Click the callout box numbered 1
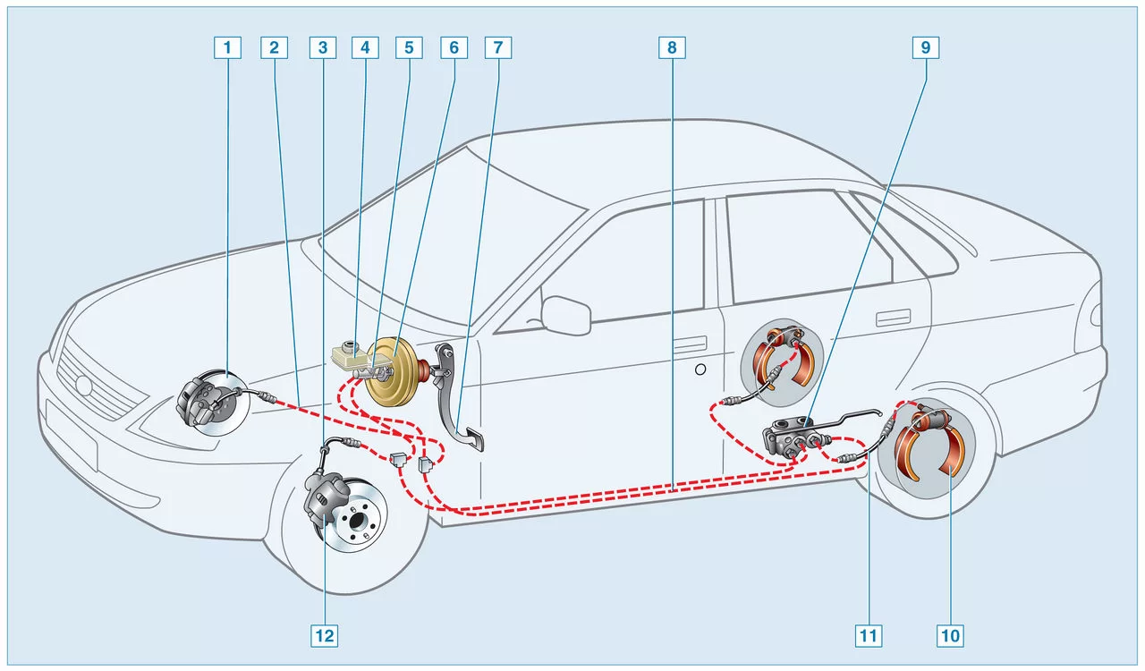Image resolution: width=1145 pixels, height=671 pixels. [x=227, y=47]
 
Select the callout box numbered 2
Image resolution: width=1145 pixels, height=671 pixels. [x=274, y=47]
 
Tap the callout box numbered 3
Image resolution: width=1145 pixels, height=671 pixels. [x=323, y=47]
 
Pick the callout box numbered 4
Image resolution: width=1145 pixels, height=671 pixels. [x=365, y=47]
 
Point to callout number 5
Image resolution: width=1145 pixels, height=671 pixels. [x=409, y=47]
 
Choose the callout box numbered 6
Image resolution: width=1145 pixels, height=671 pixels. [x=454, y=47]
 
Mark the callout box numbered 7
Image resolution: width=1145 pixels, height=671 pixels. [x=498, y=47]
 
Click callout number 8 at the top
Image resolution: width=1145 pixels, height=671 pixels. [x=672, y=47]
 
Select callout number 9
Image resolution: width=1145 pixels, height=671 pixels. [x=926, y=47]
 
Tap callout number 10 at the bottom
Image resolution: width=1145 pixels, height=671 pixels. [x=950, y=636]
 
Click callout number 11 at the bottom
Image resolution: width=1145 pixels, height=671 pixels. [x=869, y=636]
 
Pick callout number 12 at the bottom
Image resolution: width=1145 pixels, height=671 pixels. [x=324, y=636]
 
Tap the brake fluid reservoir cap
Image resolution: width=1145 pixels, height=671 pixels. [x=351, y=344]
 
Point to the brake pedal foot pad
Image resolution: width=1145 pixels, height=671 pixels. [x=471, y=441]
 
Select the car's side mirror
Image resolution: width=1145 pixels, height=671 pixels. [x=566, y=315]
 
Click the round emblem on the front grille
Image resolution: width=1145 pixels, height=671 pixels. [x=83, y=386]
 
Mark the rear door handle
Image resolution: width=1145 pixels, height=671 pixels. [x=893, y=318]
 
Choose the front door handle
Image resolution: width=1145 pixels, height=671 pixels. [x=690, y=344]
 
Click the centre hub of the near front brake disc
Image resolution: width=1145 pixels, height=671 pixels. [x=356, y=519]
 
